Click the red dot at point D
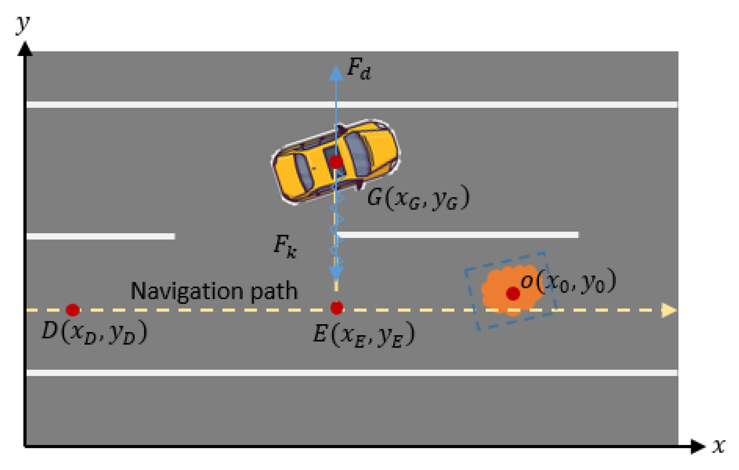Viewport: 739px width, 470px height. (x=73, y=310)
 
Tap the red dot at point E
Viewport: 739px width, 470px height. (x=337, y=308)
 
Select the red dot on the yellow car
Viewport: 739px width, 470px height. (x=336, y=162)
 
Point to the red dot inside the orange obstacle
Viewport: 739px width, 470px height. (x=513, y=293)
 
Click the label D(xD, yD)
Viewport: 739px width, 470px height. (x=94, y=332)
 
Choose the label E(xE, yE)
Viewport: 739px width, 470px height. (x=364, y=334)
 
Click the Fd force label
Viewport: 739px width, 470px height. (x=359, y=69)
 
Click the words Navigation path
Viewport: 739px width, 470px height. (x=214, y=291)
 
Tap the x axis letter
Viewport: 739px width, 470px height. (x=719, y=446)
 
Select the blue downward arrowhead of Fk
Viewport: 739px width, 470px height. (x=336, y=273)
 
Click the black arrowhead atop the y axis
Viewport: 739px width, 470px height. (x=25, y=49)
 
